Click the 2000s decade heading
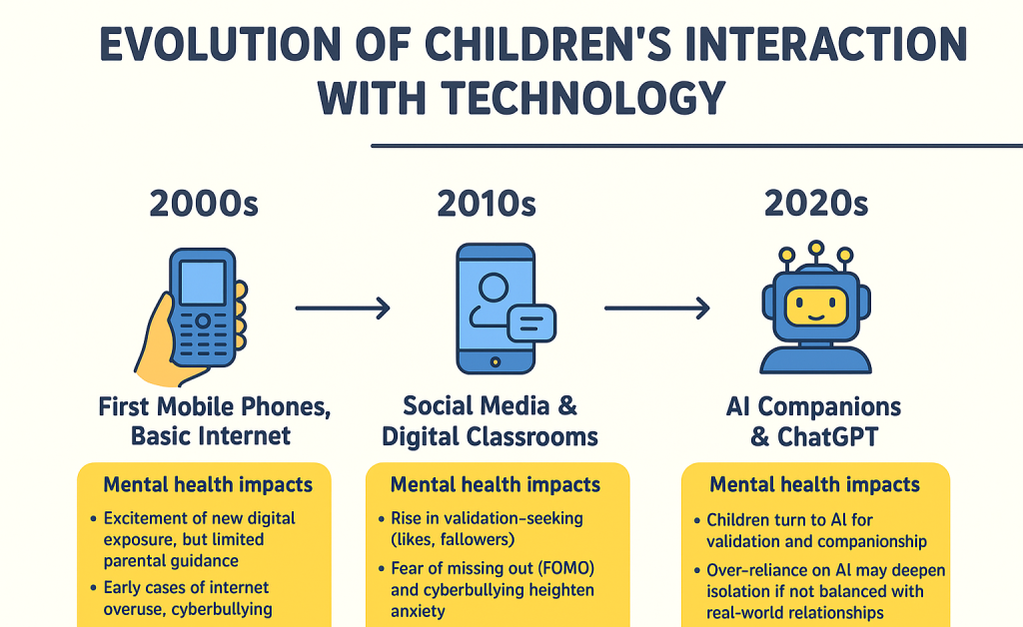[x=204, y=204]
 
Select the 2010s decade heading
[x=487, y=204]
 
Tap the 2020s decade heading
[x=816, y=204]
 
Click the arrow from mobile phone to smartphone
[x=343, y=308]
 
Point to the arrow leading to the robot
[x=657, y=308]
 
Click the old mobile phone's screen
[x=202, y=283]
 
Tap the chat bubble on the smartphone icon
[x=531, y=323]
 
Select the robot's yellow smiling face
[x=816, y=307]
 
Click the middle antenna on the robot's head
[x=816, y=255]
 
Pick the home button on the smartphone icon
[x=496, y=361]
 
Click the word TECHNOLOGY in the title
[x=582, y=99]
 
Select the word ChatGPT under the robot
[x=827, y=436]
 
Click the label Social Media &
[x=490, y=406]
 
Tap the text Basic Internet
[x=211, y=435]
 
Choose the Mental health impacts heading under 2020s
[x=815, y=484]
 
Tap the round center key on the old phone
[x=203, y=320]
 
